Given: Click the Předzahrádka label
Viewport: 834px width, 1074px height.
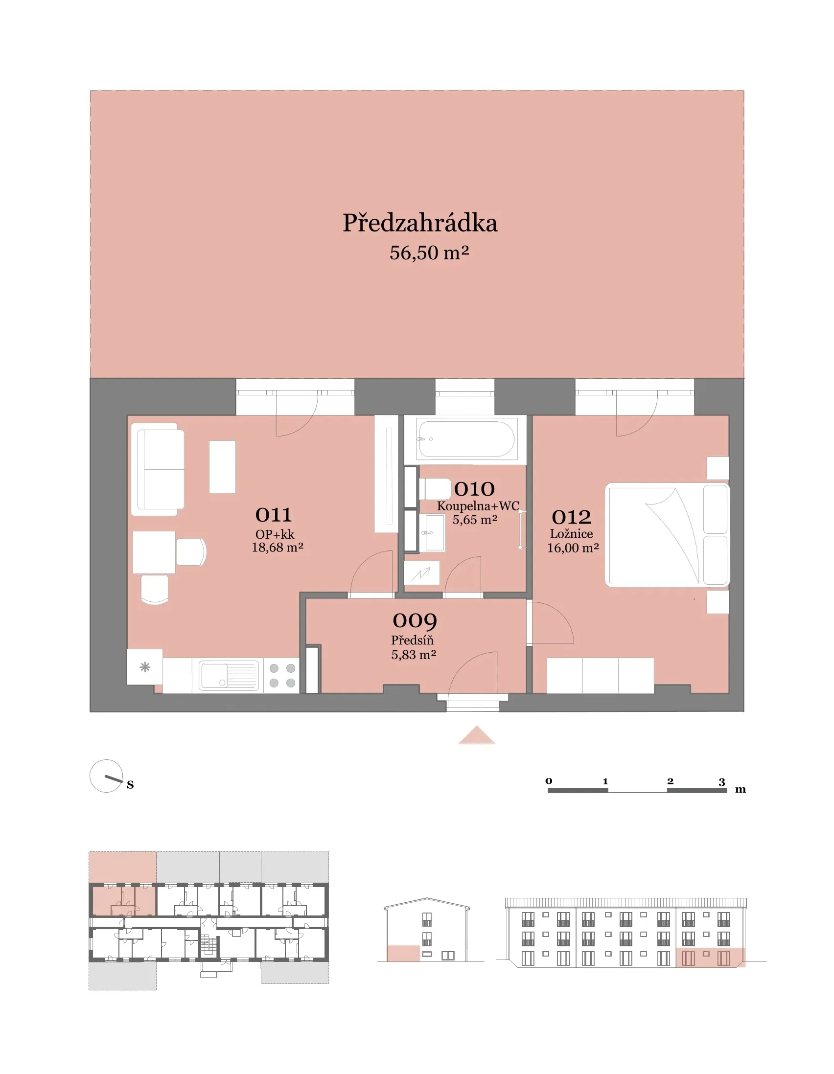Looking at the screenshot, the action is click(420, 223).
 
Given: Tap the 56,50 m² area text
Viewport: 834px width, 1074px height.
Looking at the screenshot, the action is click(429, 253).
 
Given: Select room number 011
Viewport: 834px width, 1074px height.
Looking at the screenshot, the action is click(274, 515).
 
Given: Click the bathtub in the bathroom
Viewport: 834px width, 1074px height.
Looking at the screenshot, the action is click(465, 439).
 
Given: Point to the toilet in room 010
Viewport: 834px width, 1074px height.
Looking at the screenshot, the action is click(435, 489).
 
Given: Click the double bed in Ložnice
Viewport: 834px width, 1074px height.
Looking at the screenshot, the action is click(667, 535).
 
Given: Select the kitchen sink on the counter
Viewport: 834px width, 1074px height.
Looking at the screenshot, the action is click(229, 676).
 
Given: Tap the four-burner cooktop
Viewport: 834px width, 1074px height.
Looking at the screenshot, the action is click(282, 676).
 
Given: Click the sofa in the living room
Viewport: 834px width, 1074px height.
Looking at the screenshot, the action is click(158, 470).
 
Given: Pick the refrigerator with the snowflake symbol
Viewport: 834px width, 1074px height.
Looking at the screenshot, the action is click(145, 667).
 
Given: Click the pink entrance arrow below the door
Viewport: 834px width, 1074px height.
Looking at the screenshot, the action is click(476, 735).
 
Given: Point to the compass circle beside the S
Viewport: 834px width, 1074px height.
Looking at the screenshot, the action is click(106, 777).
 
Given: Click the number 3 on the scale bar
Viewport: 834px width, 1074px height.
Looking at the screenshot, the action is click(721, 781).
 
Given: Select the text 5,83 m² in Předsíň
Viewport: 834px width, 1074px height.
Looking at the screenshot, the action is click(414, 655).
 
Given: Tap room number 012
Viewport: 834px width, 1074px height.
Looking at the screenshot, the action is click(571, 517).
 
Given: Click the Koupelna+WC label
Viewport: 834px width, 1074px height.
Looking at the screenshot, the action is click(478, 506).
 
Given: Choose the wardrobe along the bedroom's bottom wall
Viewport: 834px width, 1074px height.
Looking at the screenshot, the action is click(600, 676).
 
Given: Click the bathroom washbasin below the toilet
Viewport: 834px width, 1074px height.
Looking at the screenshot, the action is click(432, 532).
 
